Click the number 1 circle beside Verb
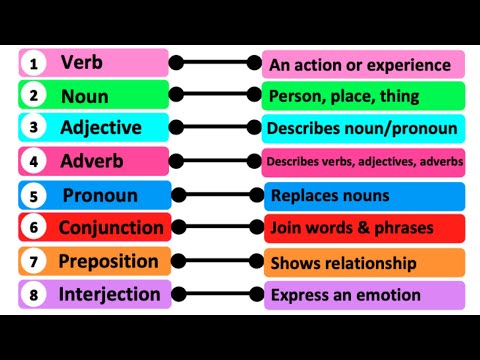click(x=34, y=64)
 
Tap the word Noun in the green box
click(x=85, y=96)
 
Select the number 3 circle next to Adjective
click(x=34, y=128)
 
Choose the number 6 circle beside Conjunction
click(x=34, y=228)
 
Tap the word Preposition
click(x=108, y=261)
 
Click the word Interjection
click(x=109, y=294)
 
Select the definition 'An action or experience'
click(x=360, y=65)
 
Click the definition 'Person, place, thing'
click(x=344, y=97)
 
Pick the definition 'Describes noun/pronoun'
click(x=362, y=128)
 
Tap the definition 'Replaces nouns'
click(x=330, y=195)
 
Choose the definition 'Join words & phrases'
click(x=352, y=228)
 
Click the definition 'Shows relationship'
click(x=343, y=263)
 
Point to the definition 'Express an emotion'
click(x=345, y=295)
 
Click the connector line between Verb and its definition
click(x=218, y=63)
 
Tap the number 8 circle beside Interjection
click(x=34, y=295)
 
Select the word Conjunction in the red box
click(x=110, y=228)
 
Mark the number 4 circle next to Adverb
click(x=34, y=161)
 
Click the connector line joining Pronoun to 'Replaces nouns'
click(x=218, y=194)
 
